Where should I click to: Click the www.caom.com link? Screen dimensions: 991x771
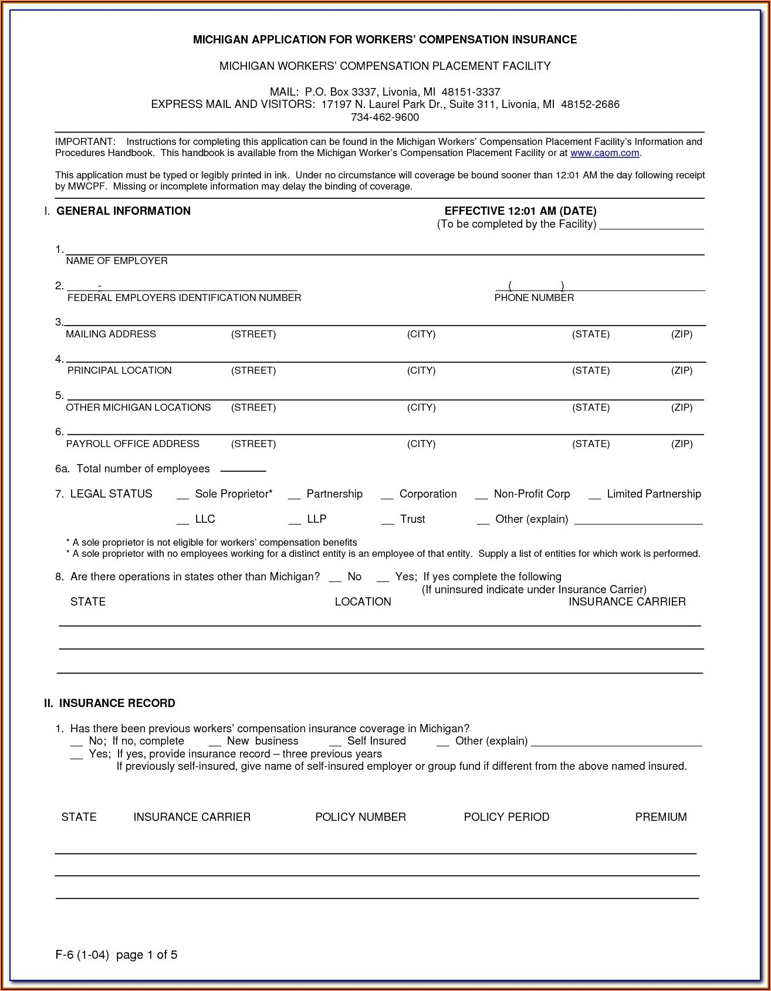[604, 153]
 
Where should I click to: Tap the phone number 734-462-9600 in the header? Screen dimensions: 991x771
[385, 117]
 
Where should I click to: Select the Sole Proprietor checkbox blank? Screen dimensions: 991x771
[182, 496]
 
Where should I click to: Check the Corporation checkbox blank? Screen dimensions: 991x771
[387, 496]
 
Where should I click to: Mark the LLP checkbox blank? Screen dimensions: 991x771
[295, 521]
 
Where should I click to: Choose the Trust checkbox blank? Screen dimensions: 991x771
[387, 521]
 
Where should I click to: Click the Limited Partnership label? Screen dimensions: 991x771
[654, 494]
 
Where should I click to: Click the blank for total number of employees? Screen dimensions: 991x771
[243, 469]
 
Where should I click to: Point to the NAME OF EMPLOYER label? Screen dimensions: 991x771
[117, 261]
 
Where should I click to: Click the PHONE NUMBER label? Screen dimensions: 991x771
[534, 298]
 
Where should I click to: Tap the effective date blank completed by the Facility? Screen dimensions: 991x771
[651, 226]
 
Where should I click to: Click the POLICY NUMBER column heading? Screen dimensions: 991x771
[360, 817]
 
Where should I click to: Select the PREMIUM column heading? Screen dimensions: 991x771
[661, 817]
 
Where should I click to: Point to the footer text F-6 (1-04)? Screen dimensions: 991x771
[82, 955]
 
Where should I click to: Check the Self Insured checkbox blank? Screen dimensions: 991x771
[335, 743]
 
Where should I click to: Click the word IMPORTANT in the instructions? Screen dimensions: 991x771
[84, 142]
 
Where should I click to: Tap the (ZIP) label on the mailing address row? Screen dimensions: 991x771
[682, 334]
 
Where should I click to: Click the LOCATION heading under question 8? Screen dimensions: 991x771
[363, 602]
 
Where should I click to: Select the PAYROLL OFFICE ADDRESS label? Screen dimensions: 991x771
[133, 444]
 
